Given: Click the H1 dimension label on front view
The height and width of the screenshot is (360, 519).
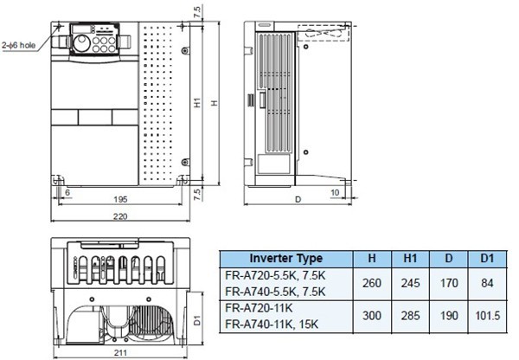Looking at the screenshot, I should (x=198, y=103).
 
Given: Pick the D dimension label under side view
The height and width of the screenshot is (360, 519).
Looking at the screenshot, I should (x=298, y=199).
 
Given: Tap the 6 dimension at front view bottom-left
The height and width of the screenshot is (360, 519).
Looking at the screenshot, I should (x=67, y=191).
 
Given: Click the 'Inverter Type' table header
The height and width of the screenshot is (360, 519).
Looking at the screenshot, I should (x=285, y=258).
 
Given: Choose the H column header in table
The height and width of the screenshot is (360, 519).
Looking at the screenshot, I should (x=372, y=258).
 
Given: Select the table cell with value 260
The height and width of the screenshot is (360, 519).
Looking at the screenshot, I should (x=372, y=283).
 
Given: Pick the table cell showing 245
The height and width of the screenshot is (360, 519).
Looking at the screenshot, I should (x=410, y=283).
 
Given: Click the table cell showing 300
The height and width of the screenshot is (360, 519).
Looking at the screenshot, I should (x=372, y=317).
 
